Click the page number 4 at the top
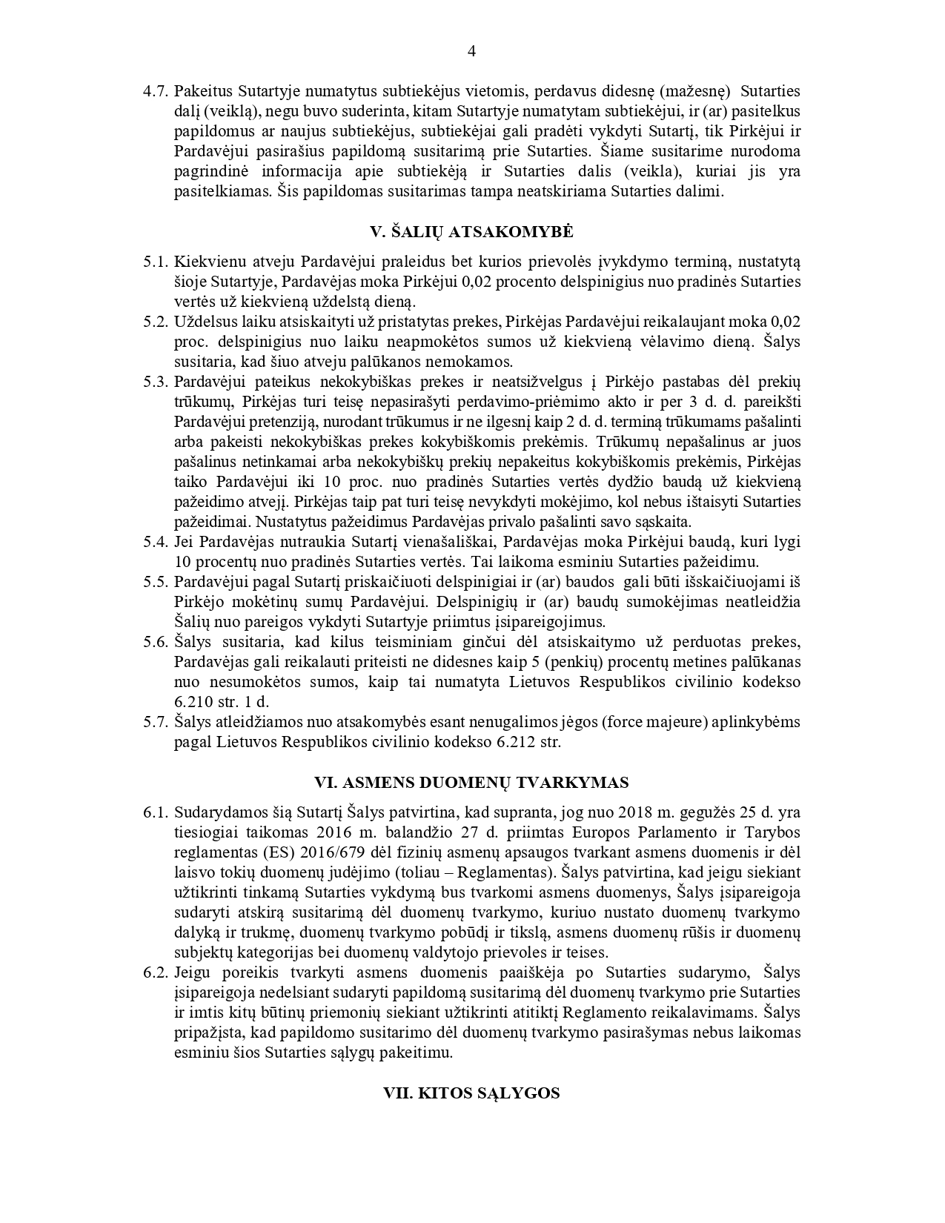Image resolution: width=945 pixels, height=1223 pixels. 472,50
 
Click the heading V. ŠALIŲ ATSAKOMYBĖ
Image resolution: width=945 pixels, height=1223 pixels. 471,232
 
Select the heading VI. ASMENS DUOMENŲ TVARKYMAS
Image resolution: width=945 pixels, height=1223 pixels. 471,783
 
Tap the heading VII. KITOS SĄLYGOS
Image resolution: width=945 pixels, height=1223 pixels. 471,1093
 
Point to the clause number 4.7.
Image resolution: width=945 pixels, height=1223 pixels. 156,92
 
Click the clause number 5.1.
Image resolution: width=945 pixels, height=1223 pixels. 156,262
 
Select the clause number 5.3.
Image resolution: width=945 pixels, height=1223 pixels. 156,382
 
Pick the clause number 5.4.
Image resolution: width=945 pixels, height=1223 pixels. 156,542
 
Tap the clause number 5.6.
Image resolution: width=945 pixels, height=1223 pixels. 156,642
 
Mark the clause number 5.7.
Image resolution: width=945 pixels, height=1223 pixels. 156,722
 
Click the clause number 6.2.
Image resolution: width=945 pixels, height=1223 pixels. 156,972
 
